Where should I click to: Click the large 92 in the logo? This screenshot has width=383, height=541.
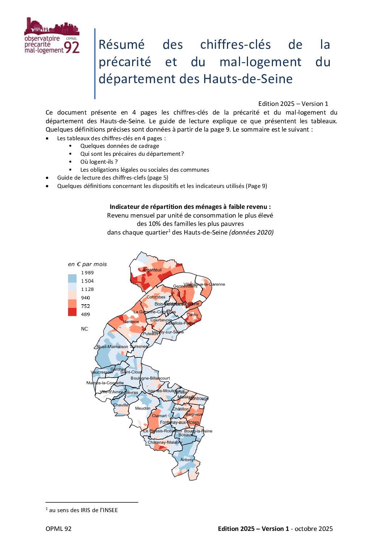(x=71, y=47)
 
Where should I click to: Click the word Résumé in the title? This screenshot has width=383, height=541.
(x=122, y=45)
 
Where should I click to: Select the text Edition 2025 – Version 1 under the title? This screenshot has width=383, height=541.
(x=293, y=104)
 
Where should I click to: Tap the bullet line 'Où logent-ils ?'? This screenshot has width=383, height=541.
(x=99, y=162)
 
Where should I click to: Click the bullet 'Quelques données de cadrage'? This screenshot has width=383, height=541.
(x=119, y=146)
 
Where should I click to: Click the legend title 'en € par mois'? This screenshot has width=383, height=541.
(x=87, y=264)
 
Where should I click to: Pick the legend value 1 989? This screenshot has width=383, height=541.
(x=87, y=273)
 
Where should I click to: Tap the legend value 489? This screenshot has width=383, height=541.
(x=85, y=314)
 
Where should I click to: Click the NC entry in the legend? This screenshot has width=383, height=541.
(x=84, y=329)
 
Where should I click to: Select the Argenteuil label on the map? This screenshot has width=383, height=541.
(x=152, y=270)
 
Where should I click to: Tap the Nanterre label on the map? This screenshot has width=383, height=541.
(x=131, y=322)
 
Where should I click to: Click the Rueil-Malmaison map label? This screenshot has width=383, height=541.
(x=112, y=347)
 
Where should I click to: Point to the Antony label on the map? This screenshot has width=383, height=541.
(x=187, y=460)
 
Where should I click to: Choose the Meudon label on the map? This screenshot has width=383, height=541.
(x=143, y=408)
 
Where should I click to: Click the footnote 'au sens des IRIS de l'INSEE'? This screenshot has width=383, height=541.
(x=83, y=510)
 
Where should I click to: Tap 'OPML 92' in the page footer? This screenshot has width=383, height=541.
(x=59, y=529)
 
